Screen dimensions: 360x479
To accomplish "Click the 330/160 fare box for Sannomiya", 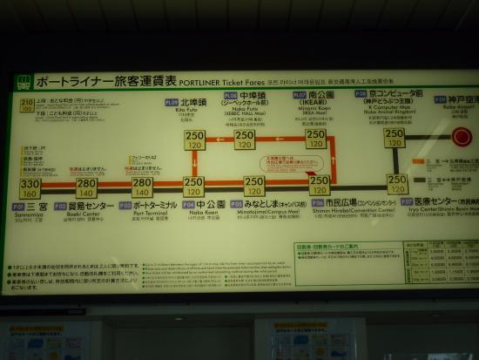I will point(30,188).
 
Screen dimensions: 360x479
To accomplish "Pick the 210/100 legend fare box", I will point(26,105).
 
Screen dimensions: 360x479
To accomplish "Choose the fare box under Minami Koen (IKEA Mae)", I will point(315,139).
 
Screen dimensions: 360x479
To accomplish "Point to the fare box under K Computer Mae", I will point(395,139).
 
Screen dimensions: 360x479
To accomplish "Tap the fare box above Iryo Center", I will point(396,184).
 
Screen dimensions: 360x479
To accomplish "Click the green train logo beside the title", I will point(24,82).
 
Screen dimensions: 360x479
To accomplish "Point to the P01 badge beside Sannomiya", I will point(18,207).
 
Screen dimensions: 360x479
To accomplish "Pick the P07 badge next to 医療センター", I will point(407,201).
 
